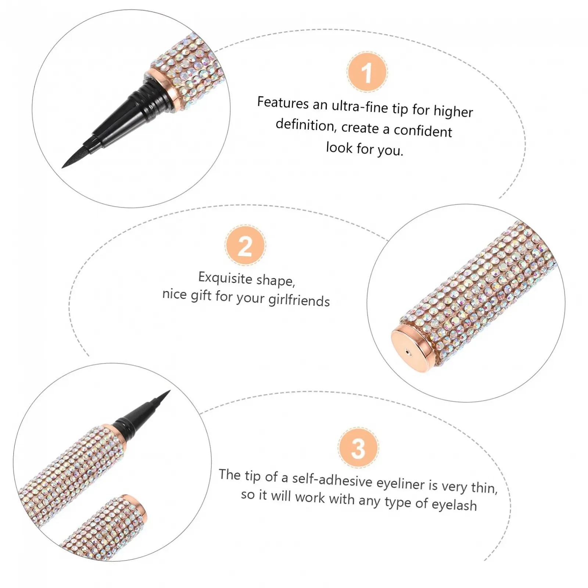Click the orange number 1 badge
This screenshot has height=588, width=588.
point(367,72)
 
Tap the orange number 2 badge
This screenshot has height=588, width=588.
point(245,245)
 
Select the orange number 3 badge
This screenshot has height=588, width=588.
point(358,448)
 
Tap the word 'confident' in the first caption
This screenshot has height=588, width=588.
point(423,131)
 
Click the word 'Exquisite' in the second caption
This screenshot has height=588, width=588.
point(225,278)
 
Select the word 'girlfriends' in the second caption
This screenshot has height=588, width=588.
point(299,300)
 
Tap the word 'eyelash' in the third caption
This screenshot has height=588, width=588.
point(454,505)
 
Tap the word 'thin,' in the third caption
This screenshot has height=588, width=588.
point(484,488)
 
